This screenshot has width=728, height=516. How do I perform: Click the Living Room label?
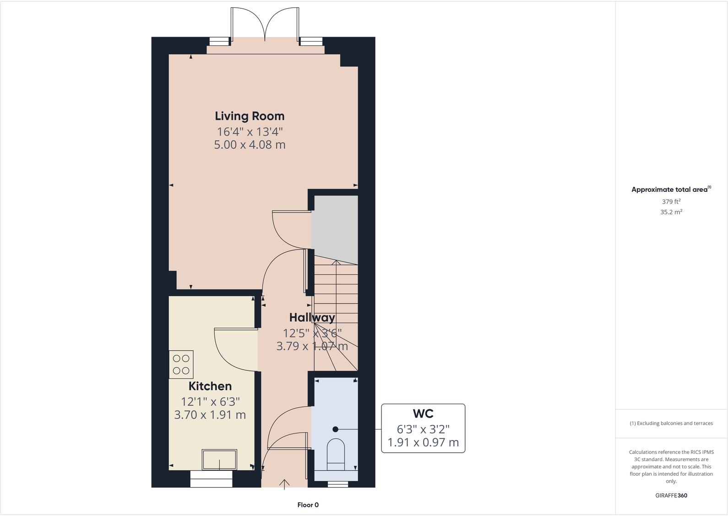pos(250,116)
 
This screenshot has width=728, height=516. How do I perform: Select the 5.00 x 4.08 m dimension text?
pos(250,145)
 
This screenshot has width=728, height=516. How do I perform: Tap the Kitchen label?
pos(210,386)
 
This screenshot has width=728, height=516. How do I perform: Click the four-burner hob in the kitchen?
pos(181,364)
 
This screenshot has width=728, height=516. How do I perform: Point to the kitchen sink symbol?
pos(219,459)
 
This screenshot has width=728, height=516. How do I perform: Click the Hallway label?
pos(312,317)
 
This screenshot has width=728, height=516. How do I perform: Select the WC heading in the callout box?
pos(423,414)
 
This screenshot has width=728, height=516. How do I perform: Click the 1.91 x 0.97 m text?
pos(423,443)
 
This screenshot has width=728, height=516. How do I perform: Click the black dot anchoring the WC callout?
pos(335,429)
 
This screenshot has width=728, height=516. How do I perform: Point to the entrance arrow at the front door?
pos(285,483)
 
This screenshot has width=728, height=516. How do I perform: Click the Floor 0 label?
pos(308,505)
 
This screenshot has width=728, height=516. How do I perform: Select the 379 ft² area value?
pos(671,201)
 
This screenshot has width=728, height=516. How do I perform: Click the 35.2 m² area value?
pos(671,212)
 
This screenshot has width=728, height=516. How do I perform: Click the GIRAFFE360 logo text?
pos(671,495)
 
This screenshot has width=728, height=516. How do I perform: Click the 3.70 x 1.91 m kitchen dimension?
pos(210,415)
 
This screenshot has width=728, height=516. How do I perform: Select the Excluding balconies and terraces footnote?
pos(671,424)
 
